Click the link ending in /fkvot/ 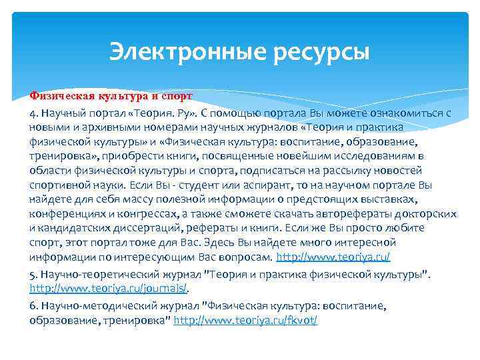click(245, 321)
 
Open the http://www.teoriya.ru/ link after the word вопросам click(333, 257)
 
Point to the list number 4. click(33, 113)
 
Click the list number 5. click(33, 274)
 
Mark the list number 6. click(33, 306)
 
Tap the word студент click(207, 185)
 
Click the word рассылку click(338, 170)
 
